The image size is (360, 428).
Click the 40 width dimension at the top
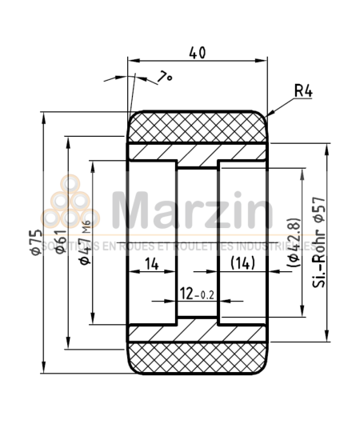coord(197,53)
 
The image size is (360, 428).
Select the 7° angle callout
coord(165,77)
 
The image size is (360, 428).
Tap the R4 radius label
coord(302,92)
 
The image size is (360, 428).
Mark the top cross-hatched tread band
coord(197,126)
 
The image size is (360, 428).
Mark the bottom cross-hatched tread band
coord(197,358)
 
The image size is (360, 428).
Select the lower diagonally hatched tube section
coord(197,333)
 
